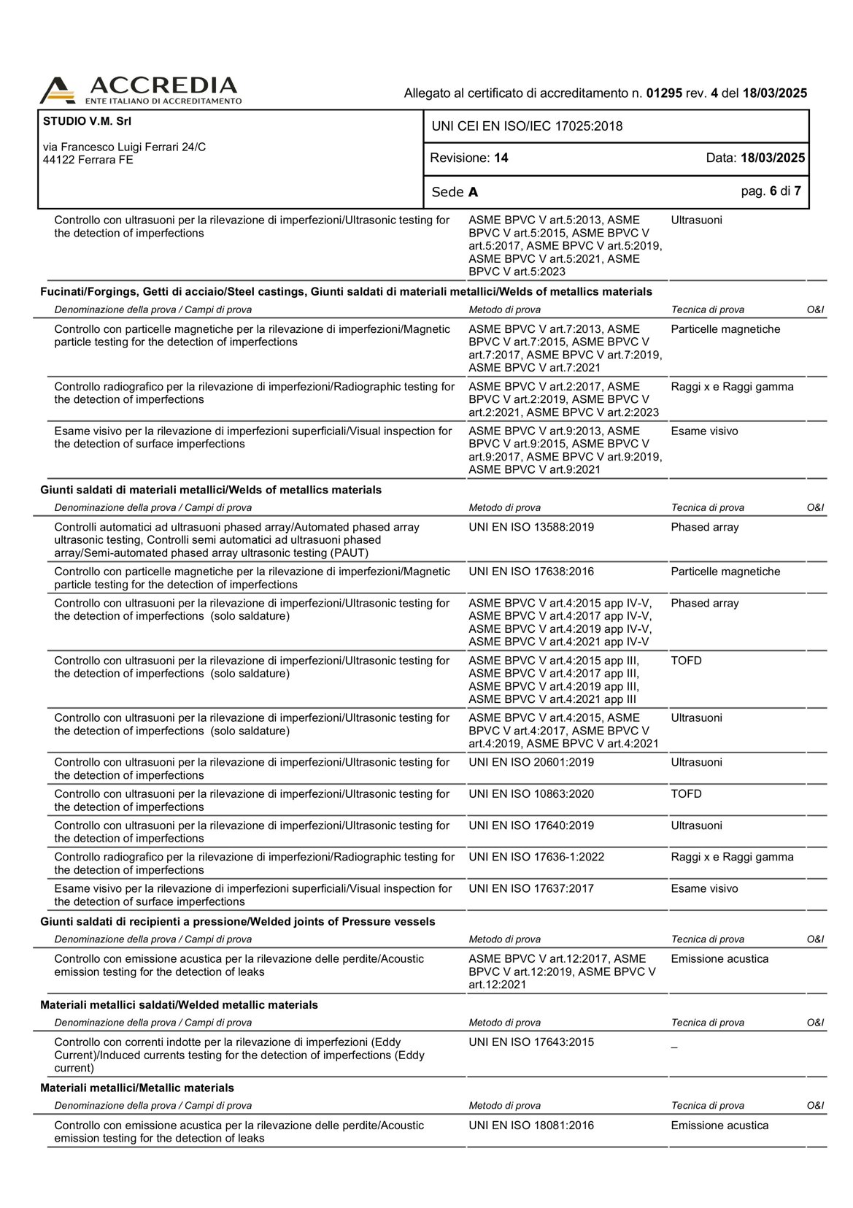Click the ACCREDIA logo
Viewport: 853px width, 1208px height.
[x=140, y=91]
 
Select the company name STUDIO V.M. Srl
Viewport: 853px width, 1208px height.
[x=87, y=121]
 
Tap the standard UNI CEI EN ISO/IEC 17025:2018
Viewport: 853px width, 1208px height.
[x=527, y=126]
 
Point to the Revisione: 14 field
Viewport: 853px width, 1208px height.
[x=469, y=158]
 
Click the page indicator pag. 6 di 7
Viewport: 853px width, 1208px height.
[x=771, y=191]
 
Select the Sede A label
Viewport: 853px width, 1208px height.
[x=455, y=192]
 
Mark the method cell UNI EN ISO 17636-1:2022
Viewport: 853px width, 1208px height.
[x=536, y=857]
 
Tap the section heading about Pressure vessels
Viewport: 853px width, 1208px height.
[x=237, y=922]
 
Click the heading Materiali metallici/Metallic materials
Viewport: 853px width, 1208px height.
[x=137, y=1088]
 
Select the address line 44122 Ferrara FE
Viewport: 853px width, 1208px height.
[x=88, y=160]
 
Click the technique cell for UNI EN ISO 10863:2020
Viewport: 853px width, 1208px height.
[x=686, y=794]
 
